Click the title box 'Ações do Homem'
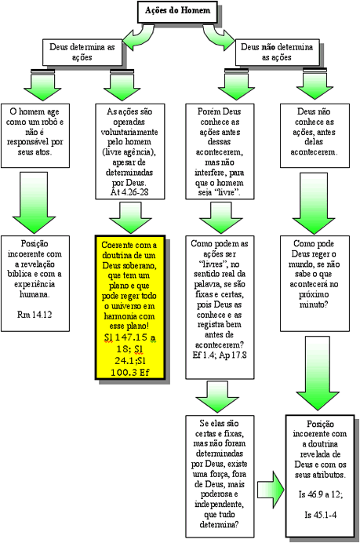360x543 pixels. click(177, 11)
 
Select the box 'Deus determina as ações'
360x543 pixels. click(82, 52)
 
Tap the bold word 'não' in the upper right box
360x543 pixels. click(268, 47)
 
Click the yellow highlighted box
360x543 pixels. click(130, 308)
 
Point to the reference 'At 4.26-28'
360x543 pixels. click(129, 192)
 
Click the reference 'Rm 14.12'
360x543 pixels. click(35, 315)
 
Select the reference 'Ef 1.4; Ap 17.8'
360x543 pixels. click(220, 355)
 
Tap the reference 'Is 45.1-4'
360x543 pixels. click(320, 515)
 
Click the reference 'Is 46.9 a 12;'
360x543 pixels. click(321, 494)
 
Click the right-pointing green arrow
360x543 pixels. click(271, 490)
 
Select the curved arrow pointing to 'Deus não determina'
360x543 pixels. click(218, 38)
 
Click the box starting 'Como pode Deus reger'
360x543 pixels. click(315, 283)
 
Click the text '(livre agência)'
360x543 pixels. click(129, 152)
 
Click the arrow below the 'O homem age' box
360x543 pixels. click(34, 203)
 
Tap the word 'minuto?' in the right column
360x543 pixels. click(314, 304)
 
